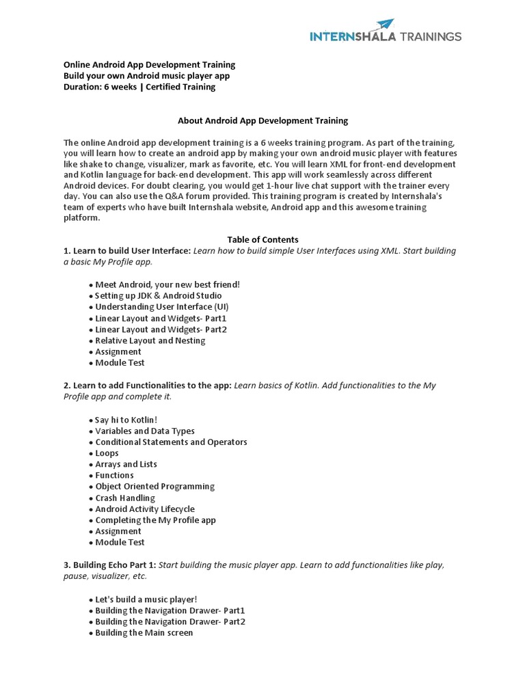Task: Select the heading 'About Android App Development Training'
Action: (262, 120)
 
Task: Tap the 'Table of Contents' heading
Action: (262, 240)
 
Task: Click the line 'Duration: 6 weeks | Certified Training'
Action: (139, 87)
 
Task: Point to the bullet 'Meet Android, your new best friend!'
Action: (167, 284)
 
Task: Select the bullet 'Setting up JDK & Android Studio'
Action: (158, 296)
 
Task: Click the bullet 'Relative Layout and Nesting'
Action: (150, 340)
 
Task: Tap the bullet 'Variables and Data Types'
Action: (144, 431)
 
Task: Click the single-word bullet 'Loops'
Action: (107, 453)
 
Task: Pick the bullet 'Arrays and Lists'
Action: (126, 464)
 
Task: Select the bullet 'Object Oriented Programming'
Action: (154, 487)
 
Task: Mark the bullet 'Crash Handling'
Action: (124, 498)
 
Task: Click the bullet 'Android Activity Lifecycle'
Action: (144, 509)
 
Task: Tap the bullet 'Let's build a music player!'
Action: (146, 600)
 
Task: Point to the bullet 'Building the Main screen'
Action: (144, 633)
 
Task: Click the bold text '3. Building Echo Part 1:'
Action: (109, 565)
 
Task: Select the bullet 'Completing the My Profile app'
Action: (155, 520)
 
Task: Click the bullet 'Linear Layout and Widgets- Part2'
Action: (161, 329)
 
